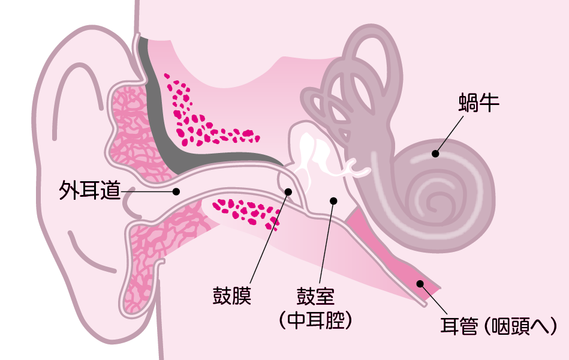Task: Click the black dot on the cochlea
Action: [x=436, y=154]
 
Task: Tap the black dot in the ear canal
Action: [x=176, y=192]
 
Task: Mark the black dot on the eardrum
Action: [x=288, y=192]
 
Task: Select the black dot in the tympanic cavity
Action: [x=333, y=200]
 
